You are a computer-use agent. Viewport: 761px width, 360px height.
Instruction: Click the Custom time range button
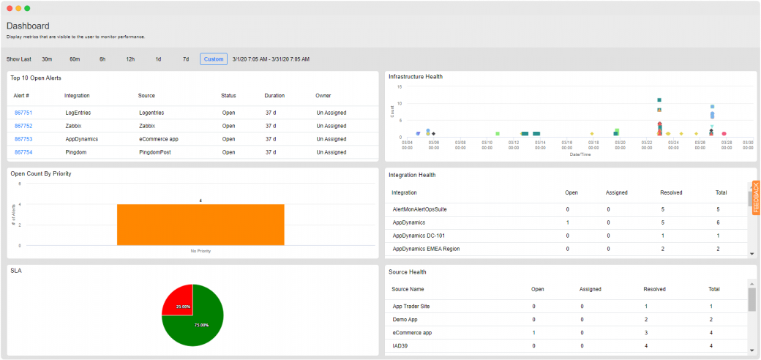(214, 59)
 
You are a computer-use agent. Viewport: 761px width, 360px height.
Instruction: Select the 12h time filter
(130, 59)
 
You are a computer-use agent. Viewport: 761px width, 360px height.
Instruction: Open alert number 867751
(23, 113)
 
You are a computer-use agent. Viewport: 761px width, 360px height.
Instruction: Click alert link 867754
(23, 152)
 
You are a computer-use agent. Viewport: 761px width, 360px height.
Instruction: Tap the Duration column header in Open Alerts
(274, 96)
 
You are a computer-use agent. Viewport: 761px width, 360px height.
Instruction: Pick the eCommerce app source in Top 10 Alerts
(160, 139)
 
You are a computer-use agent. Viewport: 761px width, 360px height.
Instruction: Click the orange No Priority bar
(200, 225)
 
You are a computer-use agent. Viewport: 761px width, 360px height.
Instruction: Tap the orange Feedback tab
(756, 197)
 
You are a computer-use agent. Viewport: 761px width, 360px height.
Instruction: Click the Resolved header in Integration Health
(671, 192)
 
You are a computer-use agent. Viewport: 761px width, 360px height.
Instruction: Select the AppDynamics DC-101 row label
(419, 236)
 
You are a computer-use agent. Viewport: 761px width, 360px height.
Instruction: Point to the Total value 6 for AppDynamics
(719, 222)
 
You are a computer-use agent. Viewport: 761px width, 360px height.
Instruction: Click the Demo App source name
(405, 320)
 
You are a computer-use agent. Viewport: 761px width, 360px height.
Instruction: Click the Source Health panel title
(408, 272)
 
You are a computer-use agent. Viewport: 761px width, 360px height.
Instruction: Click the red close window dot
(10, 8)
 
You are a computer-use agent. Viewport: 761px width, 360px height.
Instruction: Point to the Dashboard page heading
(28, 26)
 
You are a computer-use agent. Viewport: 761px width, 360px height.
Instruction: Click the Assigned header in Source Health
(590, 289)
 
